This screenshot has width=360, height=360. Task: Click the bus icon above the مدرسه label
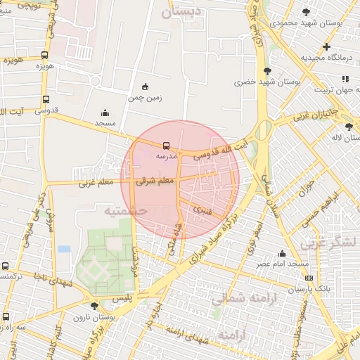166,146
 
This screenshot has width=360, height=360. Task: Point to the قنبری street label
202,209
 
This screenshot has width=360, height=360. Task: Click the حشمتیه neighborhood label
124,210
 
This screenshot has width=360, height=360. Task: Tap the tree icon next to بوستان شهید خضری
267,71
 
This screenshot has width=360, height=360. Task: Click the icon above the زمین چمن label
146,86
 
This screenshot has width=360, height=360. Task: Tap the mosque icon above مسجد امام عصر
283,253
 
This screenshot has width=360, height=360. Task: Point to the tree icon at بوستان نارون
94,306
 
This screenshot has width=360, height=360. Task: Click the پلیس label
124,299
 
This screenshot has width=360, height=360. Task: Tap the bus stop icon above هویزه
45,55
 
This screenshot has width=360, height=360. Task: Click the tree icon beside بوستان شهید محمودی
305,12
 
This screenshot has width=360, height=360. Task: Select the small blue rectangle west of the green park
64,249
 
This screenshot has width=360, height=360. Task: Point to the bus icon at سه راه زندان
6,316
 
